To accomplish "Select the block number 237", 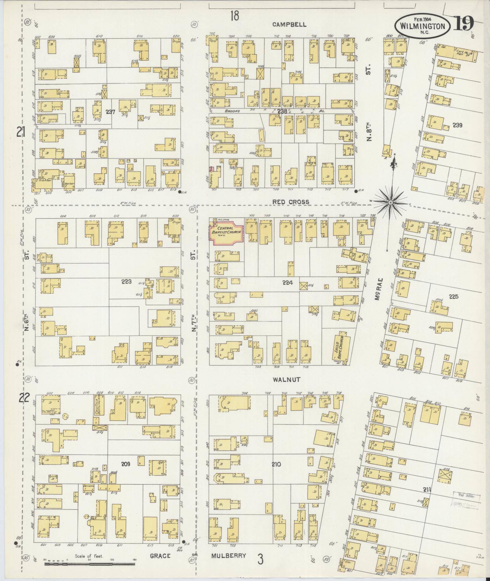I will (110, 112).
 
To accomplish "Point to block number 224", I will (287, 282).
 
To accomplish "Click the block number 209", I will (125, 472).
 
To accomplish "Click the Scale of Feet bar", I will (90, 564).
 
